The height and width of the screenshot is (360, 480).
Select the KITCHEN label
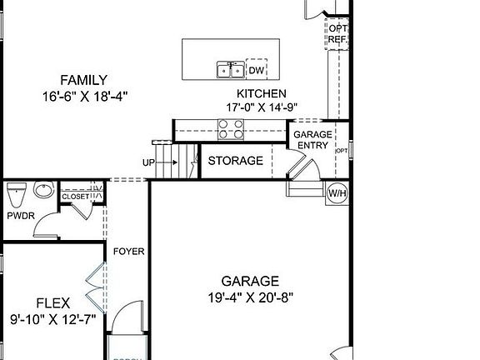(x=262, y=94)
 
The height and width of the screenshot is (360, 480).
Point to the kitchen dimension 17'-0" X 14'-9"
(x=262, y=107)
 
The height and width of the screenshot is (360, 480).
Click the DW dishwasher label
(x=255, y=70)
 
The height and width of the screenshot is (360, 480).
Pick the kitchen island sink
(x=230, y=70)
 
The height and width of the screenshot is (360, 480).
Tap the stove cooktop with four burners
(x=231, y=129)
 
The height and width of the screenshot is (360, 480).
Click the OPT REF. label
(x=338, y=34)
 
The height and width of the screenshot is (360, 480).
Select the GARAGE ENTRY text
(x=312, y=139)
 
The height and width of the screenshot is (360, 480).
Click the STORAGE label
(x=235, y=161)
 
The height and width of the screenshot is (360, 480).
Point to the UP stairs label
(x=148, y=162)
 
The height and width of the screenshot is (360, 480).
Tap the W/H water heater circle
(x=337, y=193)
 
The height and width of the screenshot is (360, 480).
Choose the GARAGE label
(x=250, y=281)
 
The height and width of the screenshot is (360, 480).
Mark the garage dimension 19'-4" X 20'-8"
(x=250, y=297)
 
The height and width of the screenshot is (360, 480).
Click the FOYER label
(x=128, y=250)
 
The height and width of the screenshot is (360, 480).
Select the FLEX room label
(x=53, y=302)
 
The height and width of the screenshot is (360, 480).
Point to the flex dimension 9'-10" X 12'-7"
(x=53, y=318)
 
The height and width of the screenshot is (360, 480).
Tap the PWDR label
(x=20, y=216)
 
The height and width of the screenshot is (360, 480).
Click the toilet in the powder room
(x=14, y=197)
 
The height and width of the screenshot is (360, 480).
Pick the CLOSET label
(x=75, y=197)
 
